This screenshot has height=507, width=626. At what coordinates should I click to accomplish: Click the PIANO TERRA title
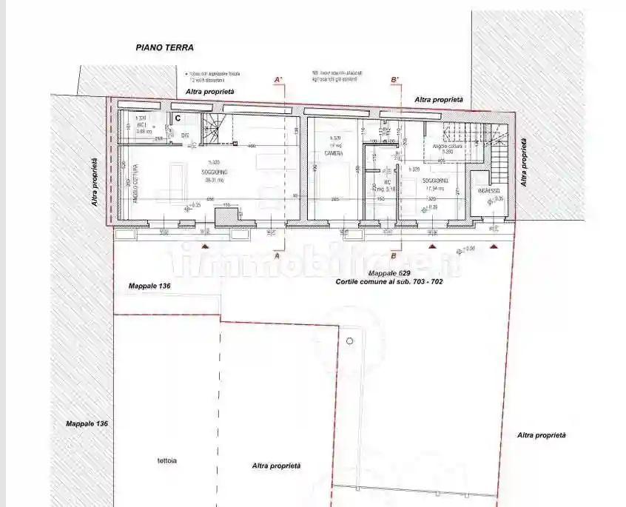tap(164, 47)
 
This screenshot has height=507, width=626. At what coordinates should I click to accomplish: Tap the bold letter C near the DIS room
tap(178, 117)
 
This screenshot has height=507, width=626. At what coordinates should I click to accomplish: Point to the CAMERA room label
tap(332, 153)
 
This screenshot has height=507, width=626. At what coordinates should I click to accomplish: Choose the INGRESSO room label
tap(489, 191)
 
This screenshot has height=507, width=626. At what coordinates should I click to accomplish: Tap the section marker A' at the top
tap(279, 79)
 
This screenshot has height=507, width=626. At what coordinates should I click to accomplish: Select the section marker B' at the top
tap(394, 79)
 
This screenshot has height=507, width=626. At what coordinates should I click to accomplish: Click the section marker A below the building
tap(277, 255)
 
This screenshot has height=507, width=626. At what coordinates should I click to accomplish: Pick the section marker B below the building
tap(394, 256)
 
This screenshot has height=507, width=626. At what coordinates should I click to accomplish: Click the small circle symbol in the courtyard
tap(350, 341)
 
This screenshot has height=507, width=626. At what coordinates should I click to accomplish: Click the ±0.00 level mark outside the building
tap(468, 249)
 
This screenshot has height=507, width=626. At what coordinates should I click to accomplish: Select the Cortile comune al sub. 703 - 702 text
tap(388, 282)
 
